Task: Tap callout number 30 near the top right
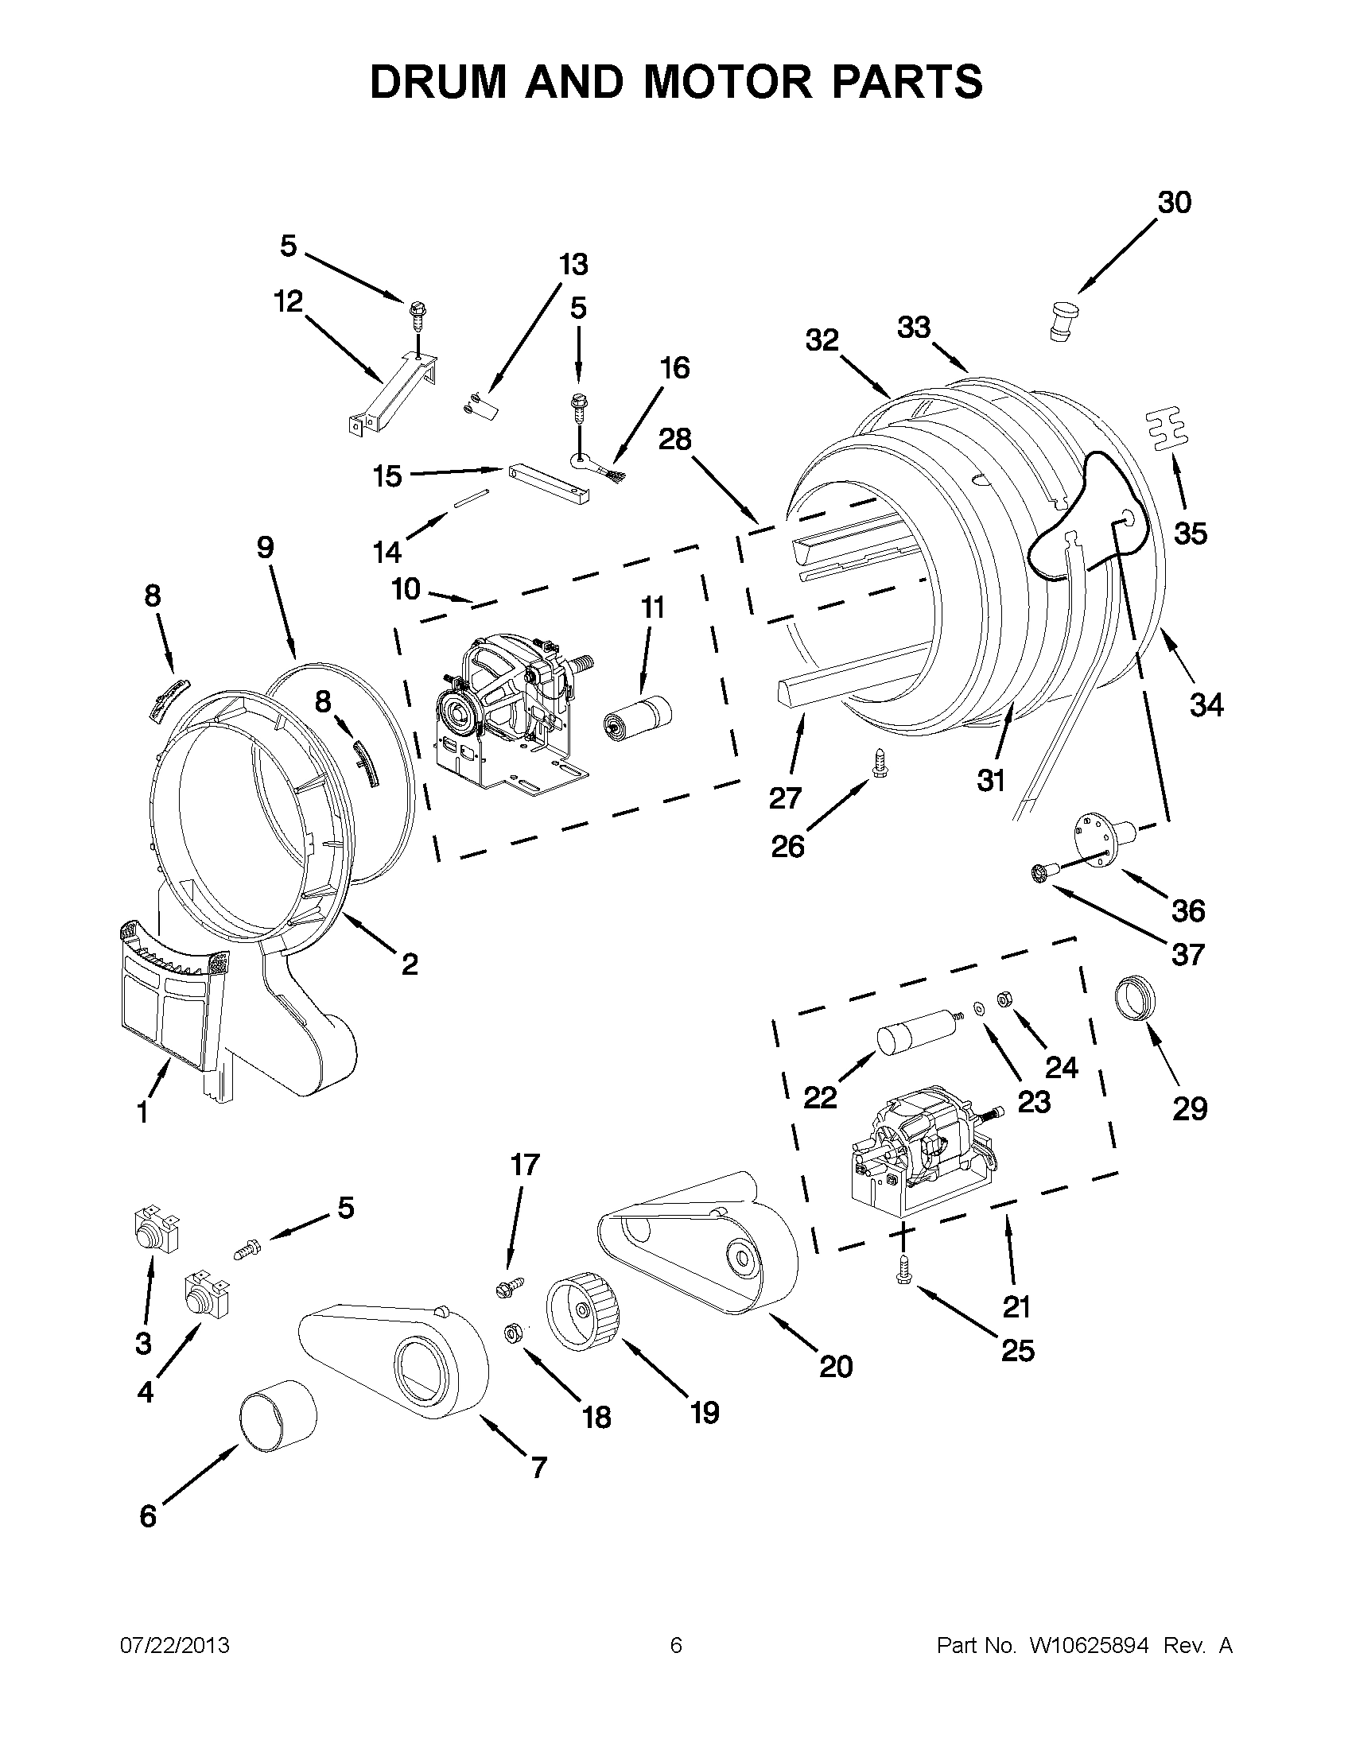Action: (x=1173, y=204)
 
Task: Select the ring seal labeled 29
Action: (x=1137, y=997)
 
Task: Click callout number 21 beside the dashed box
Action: (x=1016, y=1307)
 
